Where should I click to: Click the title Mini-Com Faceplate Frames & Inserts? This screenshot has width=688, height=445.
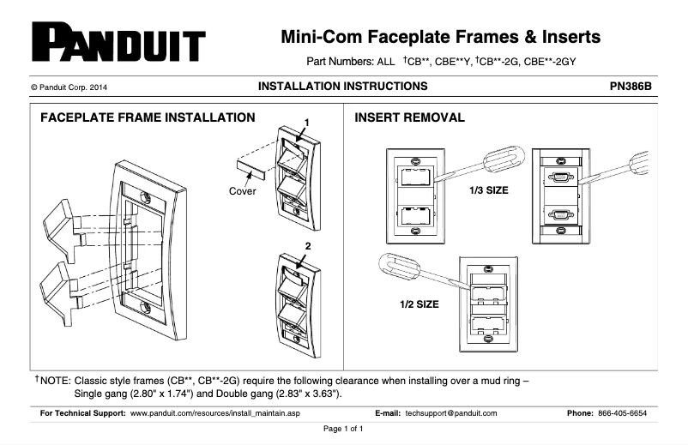point(441,37)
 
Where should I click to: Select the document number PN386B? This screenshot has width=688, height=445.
point(631,87)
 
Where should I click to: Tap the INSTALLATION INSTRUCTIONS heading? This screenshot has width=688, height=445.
point(342,87)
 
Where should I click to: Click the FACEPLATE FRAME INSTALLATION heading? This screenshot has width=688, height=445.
point(148,117)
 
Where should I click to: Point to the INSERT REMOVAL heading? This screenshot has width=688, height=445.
point(409,117)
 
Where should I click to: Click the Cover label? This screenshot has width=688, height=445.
point(242,190)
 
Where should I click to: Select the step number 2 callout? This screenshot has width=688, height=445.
point(305,246)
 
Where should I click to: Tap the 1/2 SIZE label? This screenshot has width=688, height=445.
point(419,304)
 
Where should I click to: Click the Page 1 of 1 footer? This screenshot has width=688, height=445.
point(343,429)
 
